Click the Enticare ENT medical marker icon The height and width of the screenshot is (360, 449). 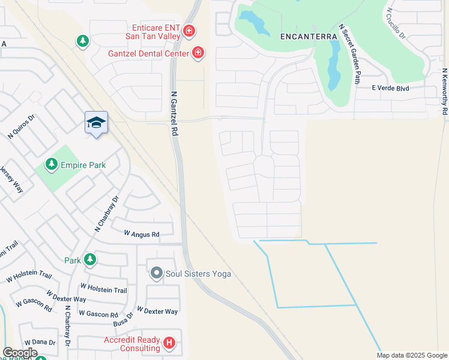point(188,31)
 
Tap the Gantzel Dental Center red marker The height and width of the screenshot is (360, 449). point(197,53)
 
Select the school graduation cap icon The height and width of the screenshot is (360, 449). point(96,122)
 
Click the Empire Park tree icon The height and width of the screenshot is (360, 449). point(52,164)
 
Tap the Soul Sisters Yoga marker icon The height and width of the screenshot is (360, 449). point(157,274)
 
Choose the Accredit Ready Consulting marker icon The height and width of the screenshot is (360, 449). point(170,343)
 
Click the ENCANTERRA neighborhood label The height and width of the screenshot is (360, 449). point(309,37)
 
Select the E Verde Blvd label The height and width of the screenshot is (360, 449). point(390,89)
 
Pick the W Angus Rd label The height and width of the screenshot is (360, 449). point(142,234)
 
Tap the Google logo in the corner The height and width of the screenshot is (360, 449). point(20,353)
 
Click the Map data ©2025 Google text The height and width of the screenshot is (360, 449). point(411,355)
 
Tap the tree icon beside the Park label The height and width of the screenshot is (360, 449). point(90,260)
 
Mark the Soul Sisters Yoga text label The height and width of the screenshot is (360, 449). point(198,274)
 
